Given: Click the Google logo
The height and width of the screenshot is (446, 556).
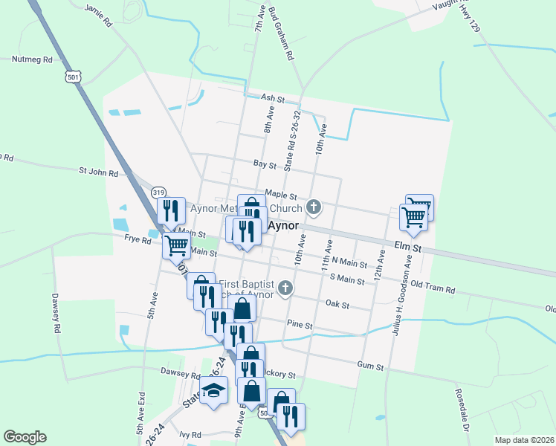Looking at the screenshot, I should coord(25,437).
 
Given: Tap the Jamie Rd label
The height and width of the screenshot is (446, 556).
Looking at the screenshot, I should coord(98,15).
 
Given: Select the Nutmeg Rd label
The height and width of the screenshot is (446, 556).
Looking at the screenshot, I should coord(32,59).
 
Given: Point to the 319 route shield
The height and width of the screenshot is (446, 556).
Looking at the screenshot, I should coord(158,192).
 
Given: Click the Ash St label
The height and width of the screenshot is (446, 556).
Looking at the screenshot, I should coord(273,97).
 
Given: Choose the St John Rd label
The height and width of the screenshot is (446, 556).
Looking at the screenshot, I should coord(99,172).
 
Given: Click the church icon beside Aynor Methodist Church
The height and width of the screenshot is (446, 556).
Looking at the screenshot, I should coord(314,207).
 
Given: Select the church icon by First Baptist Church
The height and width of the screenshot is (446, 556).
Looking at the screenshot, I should coord(284,288).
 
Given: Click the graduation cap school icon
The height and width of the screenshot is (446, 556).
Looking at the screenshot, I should coord(214,391).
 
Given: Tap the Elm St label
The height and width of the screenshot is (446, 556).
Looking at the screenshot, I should coord(407,247).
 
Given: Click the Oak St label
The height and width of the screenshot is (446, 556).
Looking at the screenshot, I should coord(337,303).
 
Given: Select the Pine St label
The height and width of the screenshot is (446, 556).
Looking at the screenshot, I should coord(300,326).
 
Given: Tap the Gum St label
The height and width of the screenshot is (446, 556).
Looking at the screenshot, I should coord(369,366).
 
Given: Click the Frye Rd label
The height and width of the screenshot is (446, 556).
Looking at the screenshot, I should coord(138,239).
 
